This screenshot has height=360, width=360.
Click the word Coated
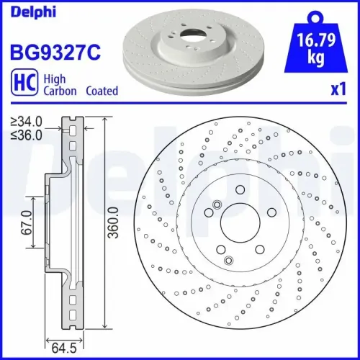click(x=102, y=91)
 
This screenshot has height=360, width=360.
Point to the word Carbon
click(x=61, y=91)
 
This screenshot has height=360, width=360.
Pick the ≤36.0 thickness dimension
click(x=25, y=134)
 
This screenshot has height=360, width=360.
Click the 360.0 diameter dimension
click(x=113, y=225)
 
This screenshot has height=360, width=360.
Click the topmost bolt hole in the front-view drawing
click(x=239, y=191)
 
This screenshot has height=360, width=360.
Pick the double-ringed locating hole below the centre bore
click(x=229, y=260)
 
